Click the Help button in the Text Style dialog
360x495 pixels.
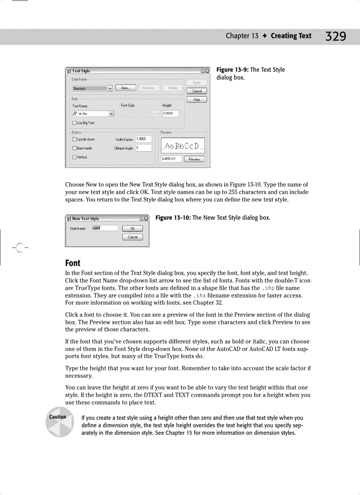tap(197, 100)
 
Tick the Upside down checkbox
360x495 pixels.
tap(75, 139)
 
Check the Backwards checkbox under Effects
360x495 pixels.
tap(75, 148)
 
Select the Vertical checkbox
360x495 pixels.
tap(75, 157)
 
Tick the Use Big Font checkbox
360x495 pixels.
tap(75, 123)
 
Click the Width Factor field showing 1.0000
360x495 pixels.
tap(142, 139)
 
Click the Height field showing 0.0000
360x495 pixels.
tap(170, 114)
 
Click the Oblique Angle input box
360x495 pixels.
tap(143, 148)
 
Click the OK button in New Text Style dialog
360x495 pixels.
tap(132, 228)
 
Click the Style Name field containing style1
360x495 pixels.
tap(105, 228)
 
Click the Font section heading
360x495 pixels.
tap(73, 263)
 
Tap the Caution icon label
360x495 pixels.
tap(57, 417)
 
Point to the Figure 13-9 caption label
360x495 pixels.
tap(232, 70)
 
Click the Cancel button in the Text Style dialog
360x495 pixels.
tap(197, 91)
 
